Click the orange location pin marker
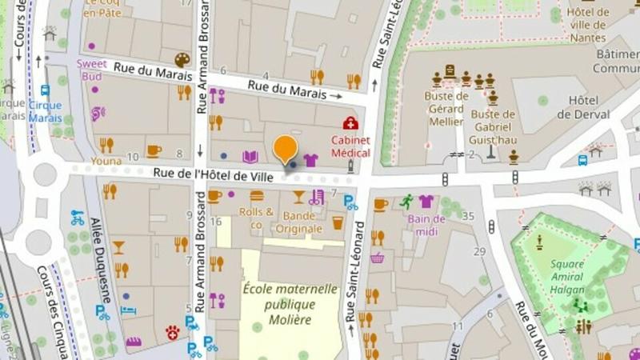286,148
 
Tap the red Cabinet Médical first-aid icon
350,122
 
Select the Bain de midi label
426,225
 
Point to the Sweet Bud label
91,70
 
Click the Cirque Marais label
45,111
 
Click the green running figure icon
407,201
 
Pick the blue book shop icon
250,157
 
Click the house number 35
469,216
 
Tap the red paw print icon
171,331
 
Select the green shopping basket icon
377,258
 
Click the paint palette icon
182,61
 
